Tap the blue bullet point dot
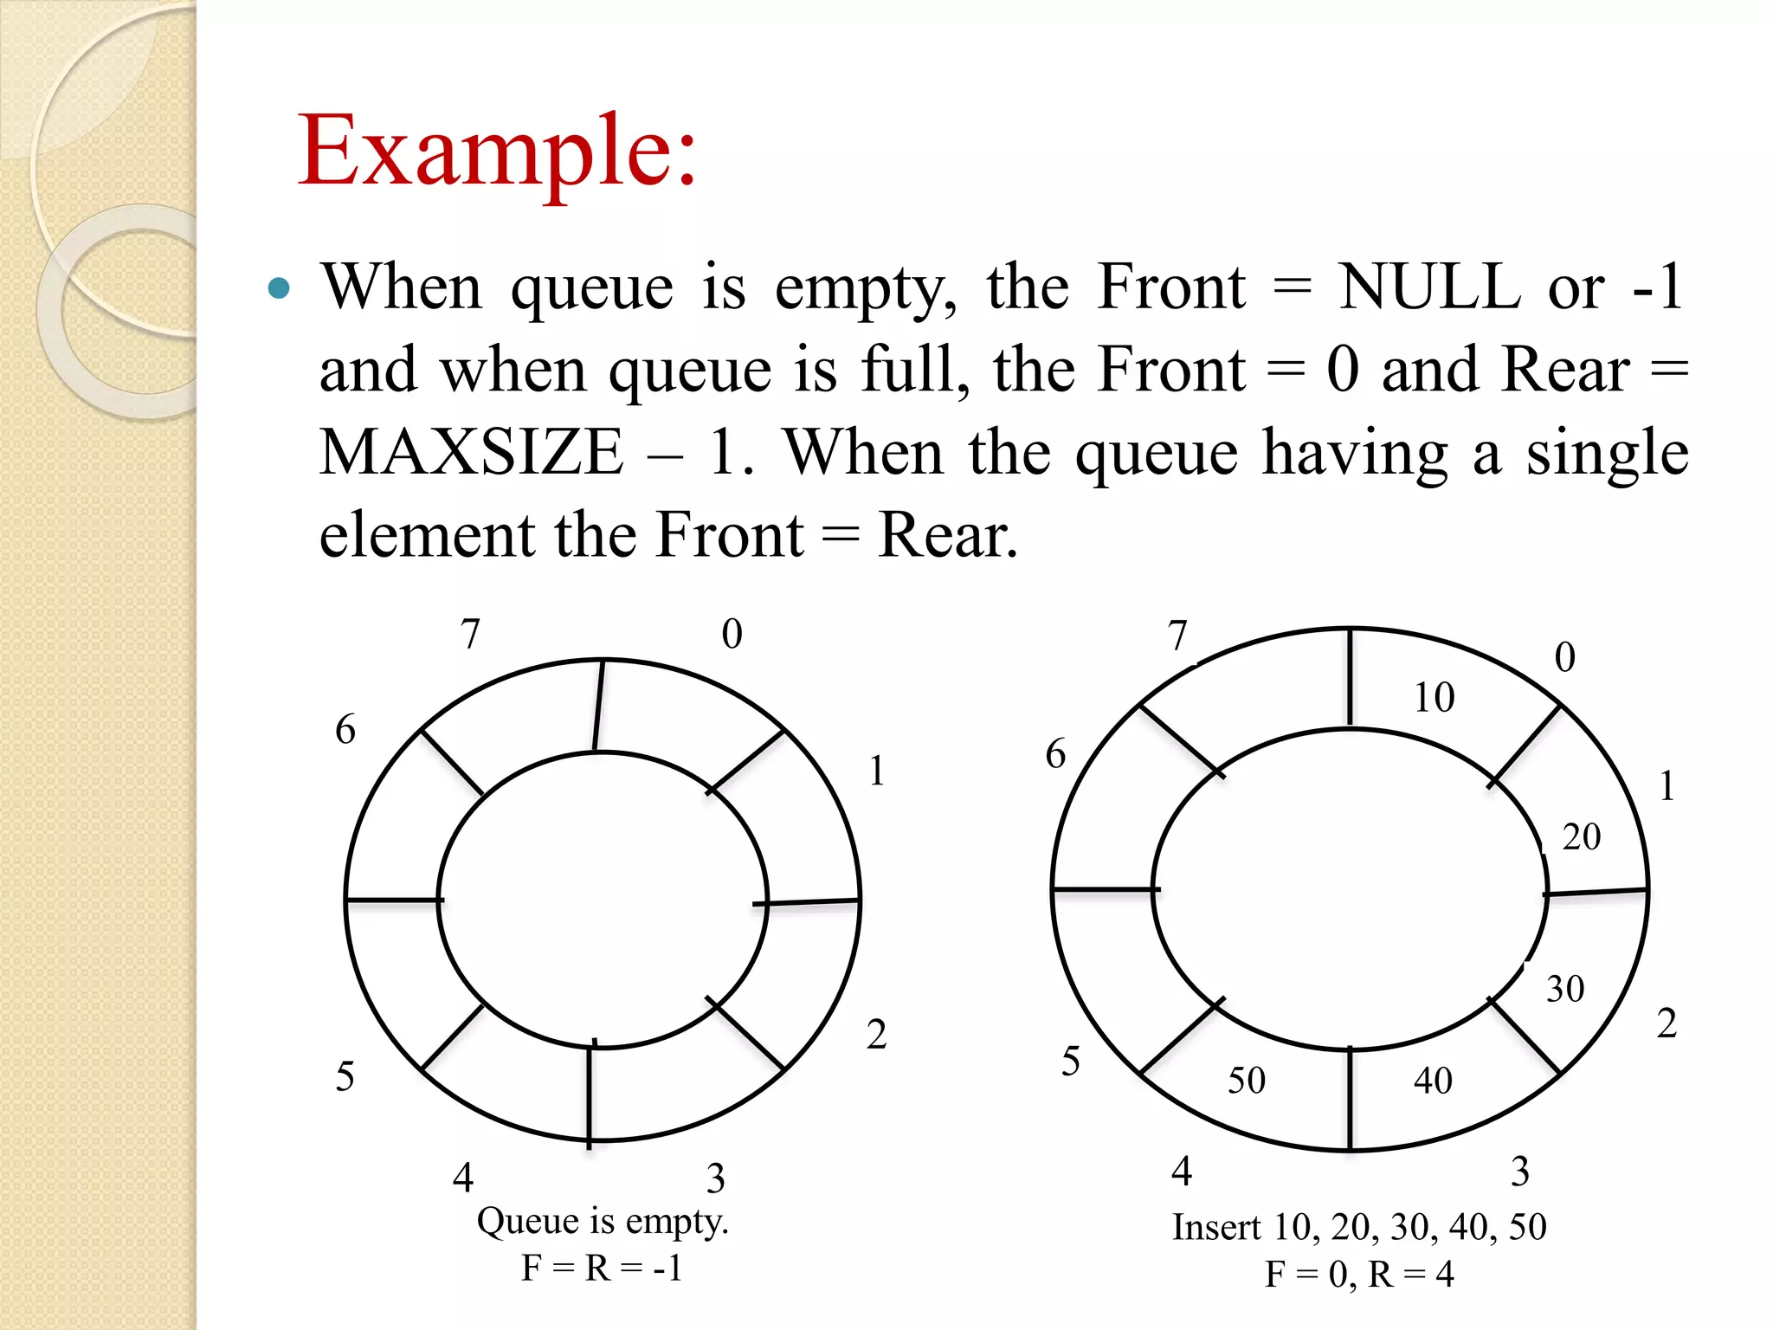(279, 288)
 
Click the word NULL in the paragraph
(1428, 287)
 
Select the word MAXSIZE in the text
(471, 453)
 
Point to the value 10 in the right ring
(1434, 697)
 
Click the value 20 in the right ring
(1581, 837)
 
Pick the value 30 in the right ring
(1565, 989)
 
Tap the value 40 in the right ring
(1433, 1081)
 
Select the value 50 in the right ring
(1247, 1081)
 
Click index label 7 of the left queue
(470, 634)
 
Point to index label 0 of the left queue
(732, 634)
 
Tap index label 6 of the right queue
(1055, 754)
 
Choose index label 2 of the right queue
(1667, 1023)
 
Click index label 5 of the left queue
(345, 1077)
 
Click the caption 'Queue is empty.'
(603, 1222)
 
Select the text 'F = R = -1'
(602, 1269)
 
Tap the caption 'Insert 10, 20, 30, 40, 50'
(1359, 1227)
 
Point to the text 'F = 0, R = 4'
(1359, 1275)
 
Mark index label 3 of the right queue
(1520, 1172)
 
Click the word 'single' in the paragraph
(1607, 453)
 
